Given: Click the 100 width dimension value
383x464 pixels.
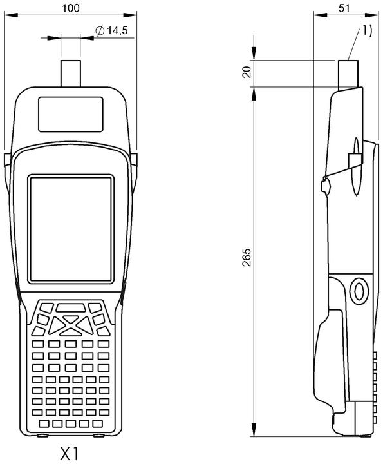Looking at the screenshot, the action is pos(70,8).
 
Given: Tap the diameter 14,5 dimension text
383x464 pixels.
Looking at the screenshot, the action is pos(111,30).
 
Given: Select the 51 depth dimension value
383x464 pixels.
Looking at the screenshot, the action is pos(344,8).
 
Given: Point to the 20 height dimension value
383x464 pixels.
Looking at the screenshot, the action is pos(247,72).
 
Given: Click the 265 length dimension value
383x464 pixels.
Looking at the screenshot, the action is pos(247,257).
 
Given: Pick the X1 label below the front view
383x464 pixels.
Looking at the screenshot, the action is pos(70,453).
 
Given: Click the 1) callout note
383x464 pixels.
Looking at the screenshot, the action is pos(367,30).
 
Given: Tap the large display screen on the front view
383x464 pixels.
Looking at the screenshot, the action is pos(71,229).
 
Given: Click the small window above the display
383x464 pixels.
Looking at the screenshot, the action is pos(71,114).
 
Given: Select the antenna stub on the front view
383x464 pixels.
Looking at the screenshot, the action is pos(71,73).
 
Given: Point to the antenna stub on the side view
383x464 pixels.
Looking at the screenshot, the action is pos(348,75).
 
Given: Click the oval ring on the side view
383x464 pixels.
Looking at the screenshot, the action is pos(359,291).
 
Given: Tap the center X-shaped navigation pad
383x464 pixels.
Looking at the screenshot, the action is pos(71,326).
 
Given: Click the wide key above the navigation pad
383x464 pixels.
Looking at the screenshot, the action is pos(71,307).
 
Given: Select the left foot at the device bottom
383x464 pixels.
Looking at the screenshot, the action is pos(43,435).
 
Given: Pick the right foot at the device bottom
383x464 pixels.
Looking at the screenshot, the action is pos(99,435).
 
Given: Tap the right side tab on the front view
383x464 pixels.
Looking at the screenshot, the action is pos(134,173).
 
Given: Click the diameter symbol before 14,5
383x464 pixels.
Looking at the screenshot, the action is pos(100,30).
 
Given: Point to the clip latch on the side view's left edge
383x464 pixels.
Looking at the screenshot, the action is pos(325,186).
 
